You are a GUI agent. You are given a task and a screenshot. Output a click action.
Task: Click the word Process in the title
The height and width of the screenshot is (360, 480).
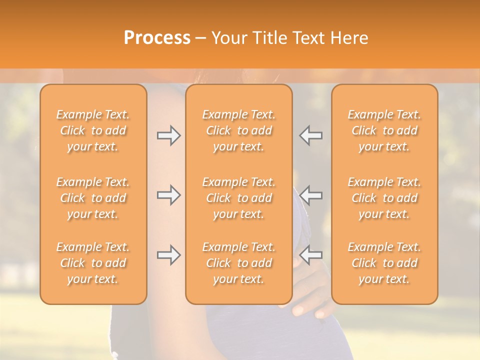tap(157, 38)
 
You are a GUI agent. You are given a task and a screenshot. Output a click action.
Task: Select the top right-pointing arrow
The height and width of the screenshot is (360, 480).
tap(169, 135)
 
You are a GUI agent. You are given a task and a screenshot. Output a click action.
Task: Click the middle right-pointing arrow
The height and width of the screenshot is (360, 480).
tap(169, 195)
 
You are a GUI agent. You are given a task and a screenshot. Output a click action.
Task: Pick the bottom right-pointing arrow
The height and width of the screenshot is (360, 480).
tap(169, 255)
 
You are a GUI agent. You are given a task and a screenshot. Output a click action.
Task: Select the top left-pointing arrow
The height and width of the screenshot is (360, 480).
tap(311, 135)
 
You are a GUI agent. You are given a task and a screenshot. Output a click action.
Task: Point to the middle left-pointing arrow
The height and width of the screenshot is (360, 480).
tap(311, 195)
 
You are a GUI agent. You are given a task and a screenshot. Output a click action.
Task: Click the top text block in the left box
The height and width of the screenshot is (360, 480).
tap(93, 130)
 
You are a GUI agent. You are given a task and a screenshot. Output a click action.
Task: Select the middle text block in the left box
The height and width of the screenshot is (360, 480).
tap(93, 198)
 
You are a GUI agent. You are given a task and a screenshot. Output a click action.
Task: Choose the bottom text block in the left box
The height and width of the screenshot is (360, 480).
tap(93, 263)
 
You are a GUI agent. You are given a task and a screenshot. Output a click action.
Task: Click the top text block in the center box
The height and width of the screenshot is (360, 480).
tap(239, 130)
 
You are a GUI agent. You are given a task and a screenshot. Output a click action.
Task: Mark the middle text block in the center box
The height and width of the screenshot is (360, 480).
tap(239, 198)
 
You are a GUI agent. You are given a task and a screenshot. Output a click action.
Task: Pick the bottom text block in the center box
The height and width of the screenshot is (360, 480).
tap(239, 263)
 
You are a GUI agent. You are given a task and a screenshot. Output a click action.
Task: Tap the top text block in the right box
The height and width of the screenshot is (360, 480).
tap(384, 130)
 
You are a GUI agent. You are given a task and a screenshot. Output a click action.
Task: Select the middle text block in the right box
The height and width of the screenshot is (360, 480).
tap(384, 198)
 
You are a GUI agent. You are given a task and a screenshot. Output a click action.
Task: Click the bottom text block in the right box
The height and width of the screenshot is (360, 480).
tap(384, 263)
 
